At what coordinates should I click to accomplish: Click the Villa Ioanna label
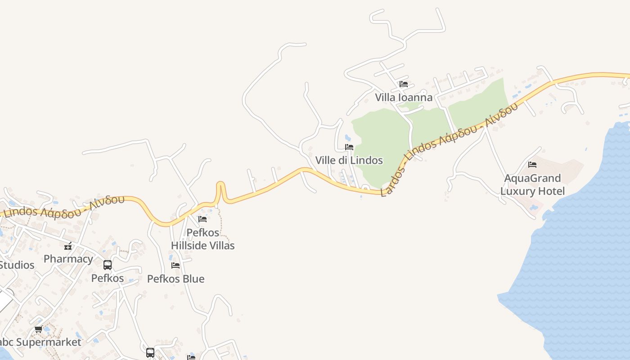(x=404, y=97)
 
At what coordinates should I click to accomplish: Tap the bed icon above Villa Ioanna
(x=404, y=84)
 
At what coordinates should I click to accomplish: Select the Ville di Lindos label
(x=349, y=160)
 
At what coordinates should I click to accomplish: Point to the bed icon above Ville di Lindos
(x=349, y=147)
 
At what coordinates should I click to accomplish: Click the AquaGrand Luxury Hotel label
(x=532, y=185)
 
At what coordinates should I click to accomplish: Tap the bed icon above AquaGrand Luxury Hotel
(x=532, y=165)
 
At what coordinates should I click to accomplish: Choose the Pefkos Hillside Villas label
(x=202, y=239)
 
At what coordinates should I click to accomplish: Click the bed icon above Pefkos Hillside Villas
(x=202, y=219)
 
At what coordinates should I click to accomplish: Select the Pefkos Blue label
(x=175, y=279)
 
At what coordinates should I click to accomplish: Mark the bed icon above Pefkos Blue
(x=175, y=265)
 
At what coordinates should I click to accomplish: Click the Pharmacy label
(x=68, y=259)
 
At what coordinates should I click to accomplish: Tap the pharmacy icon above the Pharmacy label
(x=68, y=246)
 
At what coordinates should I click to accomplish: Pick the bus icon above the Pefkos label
(x=108, y=265)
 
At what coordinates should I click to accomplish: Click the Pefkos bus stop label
(x=108, y=278)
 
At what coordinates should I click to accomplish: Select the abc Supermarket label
(x=40, y=342)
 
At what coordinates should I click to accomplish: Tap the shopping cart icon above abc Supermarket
(x=39, y=329)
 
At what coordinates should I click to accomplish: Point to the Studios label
(x=17, y=265)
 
